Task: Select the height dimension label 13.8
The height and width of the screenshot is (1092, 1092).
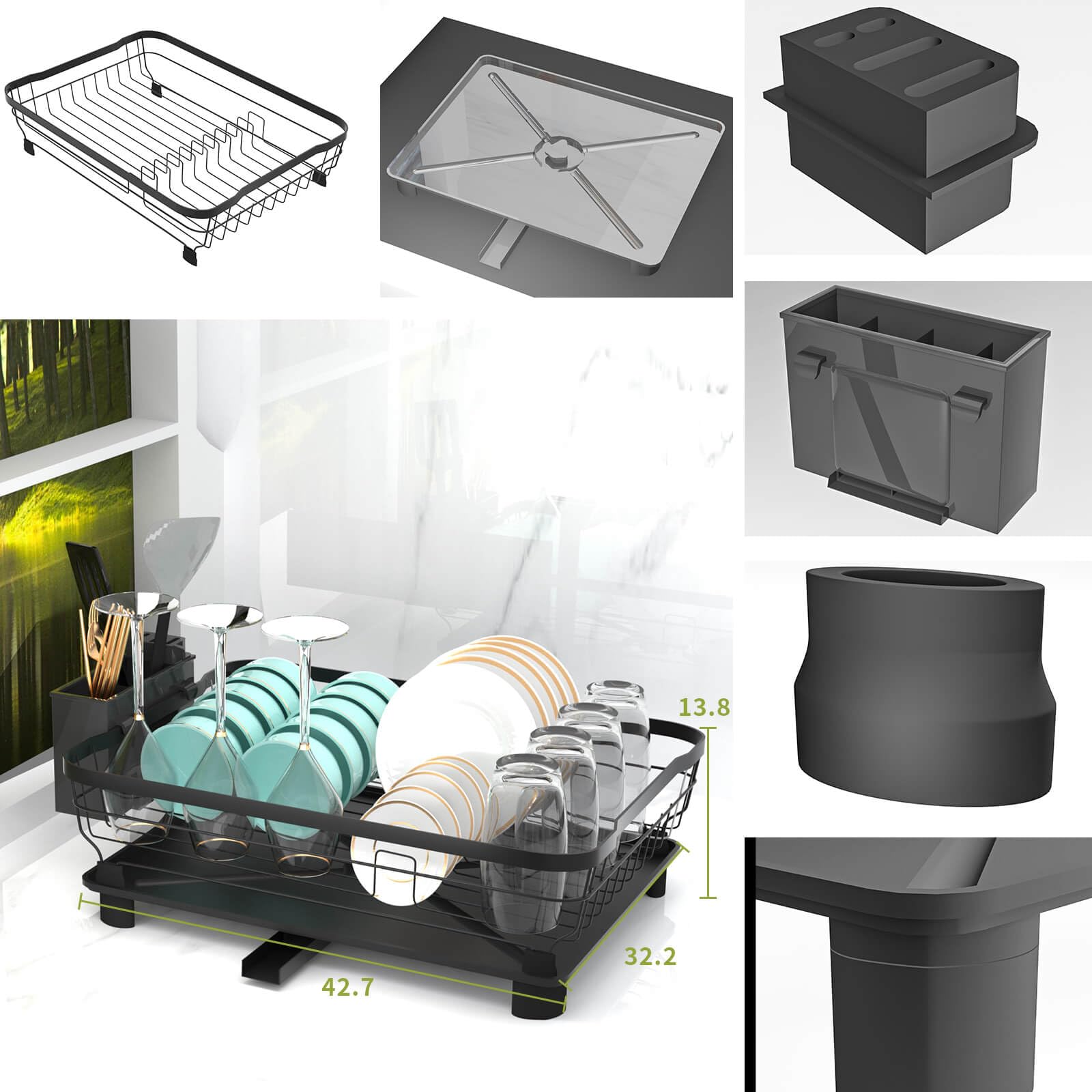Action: (x=704, y=707)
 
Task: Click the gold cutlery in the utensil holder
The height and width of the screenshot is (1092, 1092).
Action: (x=102, y=648)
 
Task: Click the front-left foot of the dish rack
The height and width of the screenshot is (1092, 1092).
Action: (x=120, y=915)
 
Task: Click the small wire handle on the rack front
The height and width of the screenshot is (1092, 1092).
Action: (x=396, y=867)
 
